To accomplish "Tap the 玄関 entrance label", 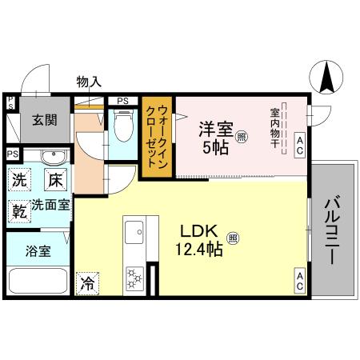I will pyautogui.click(x=44, y=121).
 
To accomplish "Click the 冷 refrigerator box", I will pyautogui.click(x=87, y=282).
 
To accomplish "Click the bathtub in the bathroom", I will pyautogui.click(x=38, y=282).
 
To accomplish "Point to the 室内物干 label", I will pyautogui.click(x=274, y=129).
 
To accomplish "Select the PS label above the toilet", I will pyautogui.click(x=122, y=101).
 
